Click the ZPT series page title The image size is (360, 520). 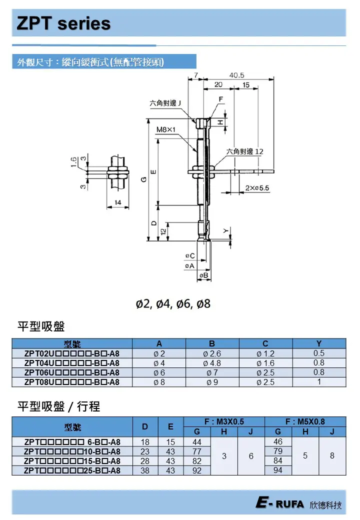(x=63, y=23)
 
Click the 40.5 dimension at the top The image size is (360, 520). (x=237, y=75)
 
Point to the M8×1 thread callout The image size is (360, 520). (x=166, y=129)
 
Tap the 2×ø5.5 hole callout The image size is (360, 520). (x=257, y=188)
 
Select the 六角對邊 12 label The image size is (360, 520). (x=245, y=151)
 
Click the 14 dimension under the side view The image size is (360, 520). (x=118, y=202)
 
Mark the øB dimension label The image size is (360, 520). (x=203, y=275)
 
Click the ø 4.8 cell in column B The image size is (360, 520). (x=212, y=363)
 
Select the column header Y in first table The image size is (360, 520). (x=319, y=343)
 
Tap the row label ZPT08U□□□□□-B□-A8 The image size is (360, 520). (x=72, y=382)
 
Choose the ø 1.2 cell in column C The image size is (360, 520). (x=265, y=353)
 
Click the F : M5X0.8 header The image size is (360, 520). (x=305, y=421)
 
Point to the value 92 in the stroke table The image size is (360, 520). (x=197, y=470)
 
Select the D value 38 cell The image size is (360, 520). (x=145, y=470)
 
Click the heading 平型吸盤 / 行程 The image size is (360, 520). (x=59, y=406)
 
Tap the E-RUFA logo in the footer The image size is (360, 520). (x=280, y=504)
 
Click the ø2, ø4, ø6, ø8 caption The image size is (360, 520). (x=173, y=303)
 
